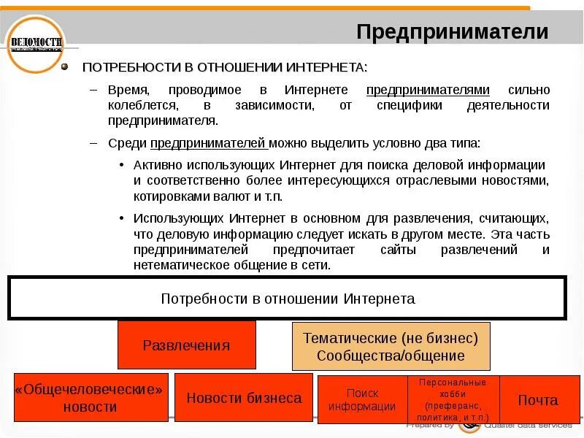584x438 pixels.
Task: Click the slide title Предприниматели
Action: (x=452, y=31)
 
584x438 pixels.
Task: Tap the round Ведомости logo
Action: (x=35, y=44)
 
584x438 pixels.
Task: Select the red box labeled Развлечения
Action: (x=186, y=345)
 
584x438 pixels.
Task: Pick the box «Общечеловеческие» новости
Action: (x=91, y=398)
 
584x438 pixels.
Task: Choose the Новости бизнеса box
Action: (x=244, y=398)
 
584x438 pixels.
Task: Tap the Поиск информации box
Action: (x=362, y=400)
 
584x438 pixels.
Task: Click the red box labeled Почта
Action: (x=538, y=400)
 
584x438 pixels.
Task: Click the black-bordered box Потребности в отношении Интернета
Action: (x=287, y=299)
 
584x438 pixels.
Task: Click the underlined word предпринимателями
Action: (x=428, y=90)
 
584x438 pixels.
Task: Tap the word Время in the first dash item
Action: (x=128, y=90)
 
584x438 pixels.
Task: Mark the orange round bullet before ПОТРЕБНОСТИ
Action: (x=64, y=66)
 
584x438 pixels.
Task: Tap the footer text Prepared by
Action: (x=431, y=425)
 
